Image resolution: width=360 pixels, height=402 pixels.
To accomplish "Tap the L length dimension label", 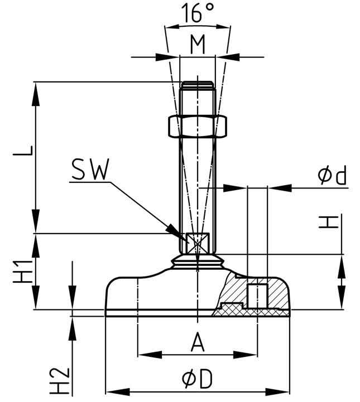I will (x=28, y=151).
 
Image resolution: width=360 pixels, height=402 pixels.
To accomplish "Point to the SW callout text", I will (x=89, y=170).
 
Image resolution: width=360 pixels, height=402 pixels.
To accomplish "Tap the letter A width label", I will (x=198, y=342).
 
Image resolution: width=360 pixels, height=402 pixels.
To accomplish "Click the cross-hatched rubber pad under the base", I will (x=251, y=313).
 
